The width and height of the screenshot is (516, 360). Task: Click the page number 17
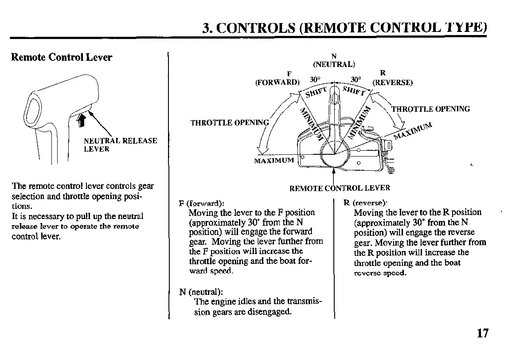483,333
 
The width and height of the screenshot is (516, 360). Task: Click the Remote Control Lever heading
62,57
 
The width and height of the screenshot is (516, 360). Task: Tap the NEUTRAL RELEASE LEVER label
120,145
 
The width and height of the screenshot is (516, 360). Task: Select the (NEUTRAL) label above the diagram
334,64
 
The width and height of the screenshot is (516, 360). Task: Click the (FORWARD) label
278,82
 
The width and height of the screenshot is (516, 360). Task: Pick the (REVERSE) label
392,82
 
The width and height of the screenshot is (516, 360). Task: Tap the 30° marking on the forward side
315,79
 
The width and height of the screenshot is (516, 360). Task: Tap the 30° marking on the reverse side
356,79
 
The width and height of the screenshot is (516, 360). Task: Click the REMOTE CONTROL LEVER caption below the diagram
340,188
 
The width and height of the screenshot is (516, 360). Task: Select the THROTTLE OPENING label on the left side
230,123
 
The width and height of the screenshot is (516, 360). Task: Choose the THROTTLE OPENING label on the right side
430,109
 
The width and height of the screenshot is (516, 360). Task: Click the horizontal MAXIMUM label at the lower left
274,160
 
